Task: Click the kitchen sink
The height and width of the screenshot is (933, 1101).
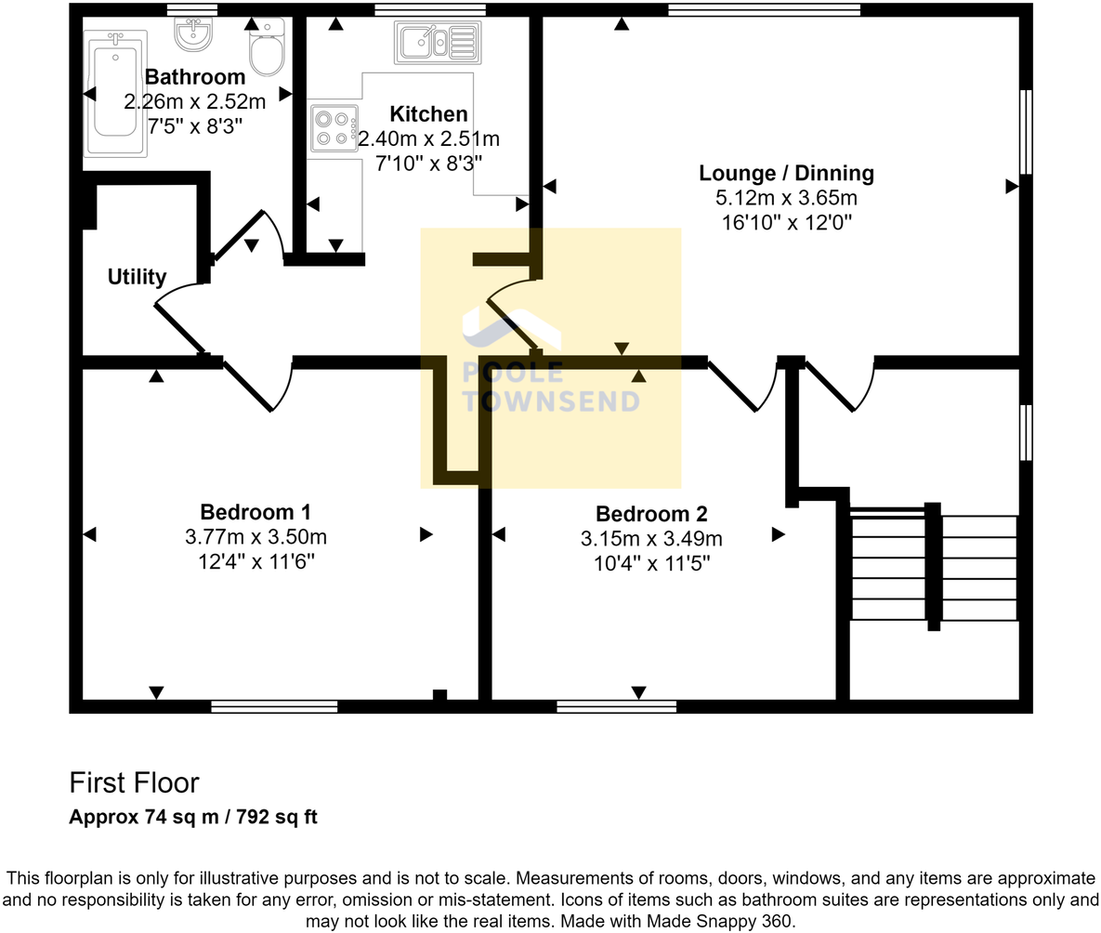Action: click(x=438, y=42)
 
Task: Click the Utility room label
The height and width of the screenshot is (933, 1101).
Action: click(x=137, y=276)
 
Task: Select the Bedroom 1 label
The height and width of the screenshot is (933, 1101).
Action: click(x=256, y=512)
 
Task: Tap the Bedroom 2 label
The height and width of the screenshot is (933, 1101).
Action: click(x=651, y=514)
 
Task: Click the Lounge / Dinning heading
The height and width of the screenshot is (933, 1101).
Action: click(x=786, y=173)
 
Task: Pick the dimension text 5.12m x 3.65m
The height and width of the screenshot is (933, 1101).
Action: click(x=786, y=198)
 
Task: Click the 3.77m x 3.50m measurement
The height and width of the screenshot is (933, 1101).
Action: click(x=256, y=537)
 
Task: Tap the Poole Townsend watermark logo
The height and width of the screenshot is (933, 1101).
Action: click(x=550, y=362)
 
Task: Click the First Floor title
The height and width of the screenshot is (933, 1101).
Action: click(x=134, y=782)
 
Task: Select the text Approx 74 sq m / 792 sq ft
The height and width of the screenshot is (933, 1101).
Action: click(x=193, y=818)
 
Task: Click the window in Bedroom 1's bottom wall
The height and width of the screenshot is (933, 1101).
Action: click(x=274, y=707)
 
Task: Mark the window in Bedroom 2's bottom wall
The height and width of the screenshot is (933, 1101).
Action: click(x=617, y=707)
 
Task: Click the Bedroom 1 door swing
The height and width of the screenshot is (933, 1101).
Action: click(x=251, y=383)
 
